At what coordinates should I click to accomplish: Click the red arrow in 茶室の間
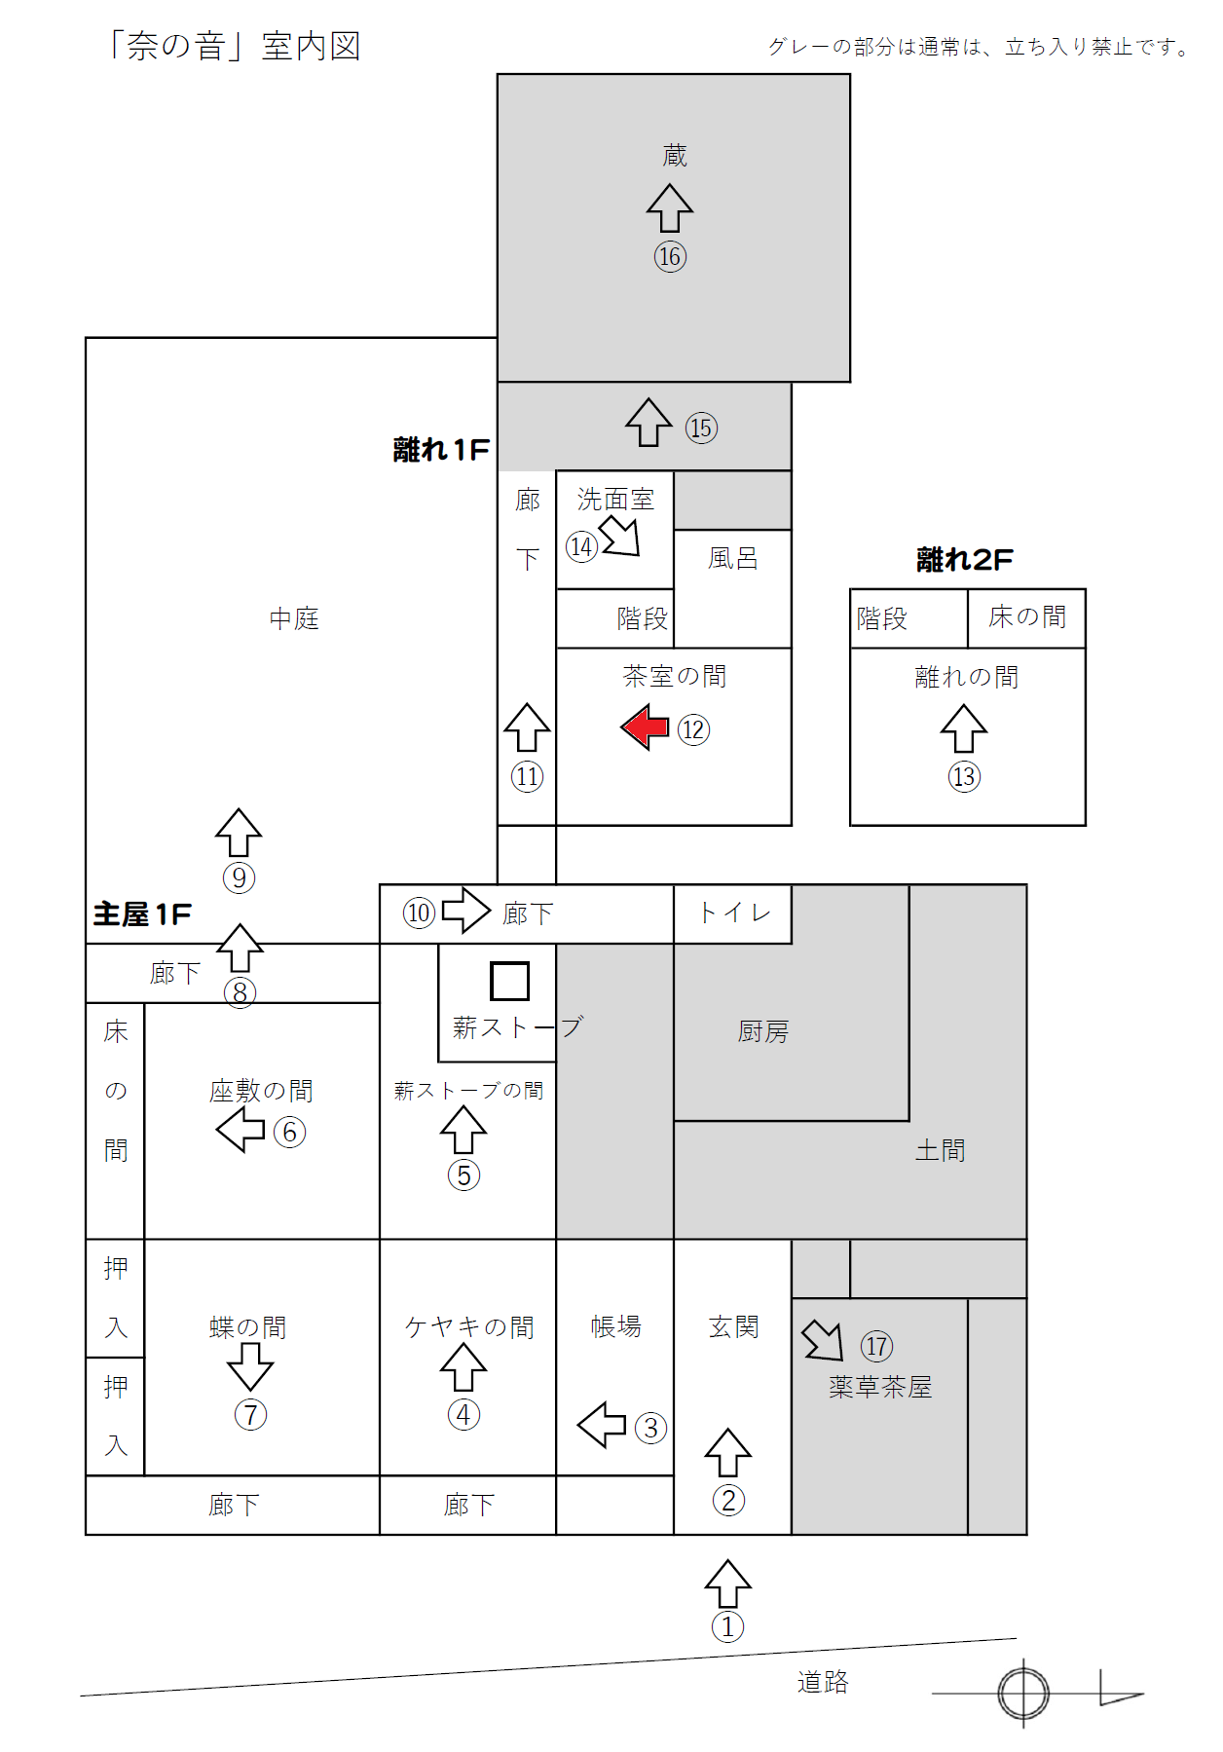pyautogui.click(x=645, y=727)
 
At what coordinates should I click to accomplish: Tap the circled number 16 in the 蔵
pyautogui.click(x=670, y=256)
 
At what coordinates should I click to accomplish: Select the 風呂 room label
pyautogui.click(x=732, y=558)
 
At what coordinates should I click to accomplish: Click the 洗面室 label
pyautogui.click(x=615, y=499)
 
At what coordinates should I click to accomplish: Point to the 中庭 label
pyautogui.click(x=294, y=618)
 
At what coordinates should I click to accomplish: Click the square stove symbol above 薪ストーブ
pyautogui.click(x=509, y=981)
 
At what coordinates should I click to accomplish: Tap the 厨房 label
pyautogui.click(x=762, y=1031)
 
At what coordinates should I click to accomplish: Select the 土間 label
pyautogui.click(x=940, y=1150)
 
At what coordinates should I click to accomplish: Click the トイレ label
pyautogui.click(x=734, y=913)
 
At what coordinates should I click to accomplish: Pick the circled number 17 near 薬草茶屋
pyautogui.click(x=876, y=1346)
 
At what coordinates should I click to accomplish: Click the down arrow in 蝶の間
pyautogui.click(x=250, y=1366)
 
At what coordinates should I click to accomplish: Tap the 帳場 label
pyautogui.click(x=615, y=1325)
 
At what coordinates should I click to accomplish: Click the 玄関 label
pyautogui.click(x=733, y=1326)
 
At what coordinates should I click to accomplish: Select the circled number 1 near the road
pyautogui.click(x=727, y=1626)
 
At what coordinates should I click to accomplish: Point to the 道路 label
pyautogui.click(x=823, y=1682)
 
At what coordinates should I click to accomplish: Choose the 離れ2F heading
pyautogui.click(x=964, y=559)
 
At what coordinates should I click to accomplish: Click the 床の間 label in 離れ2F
pyautogui.click(x=1027, y=616)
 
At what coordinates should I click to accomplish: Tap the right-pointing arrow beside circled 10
pyautogui.click(x=466, y=911)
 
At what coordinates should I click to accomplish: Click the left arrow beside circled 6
pyautogui.click(x=241, y=1130)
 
